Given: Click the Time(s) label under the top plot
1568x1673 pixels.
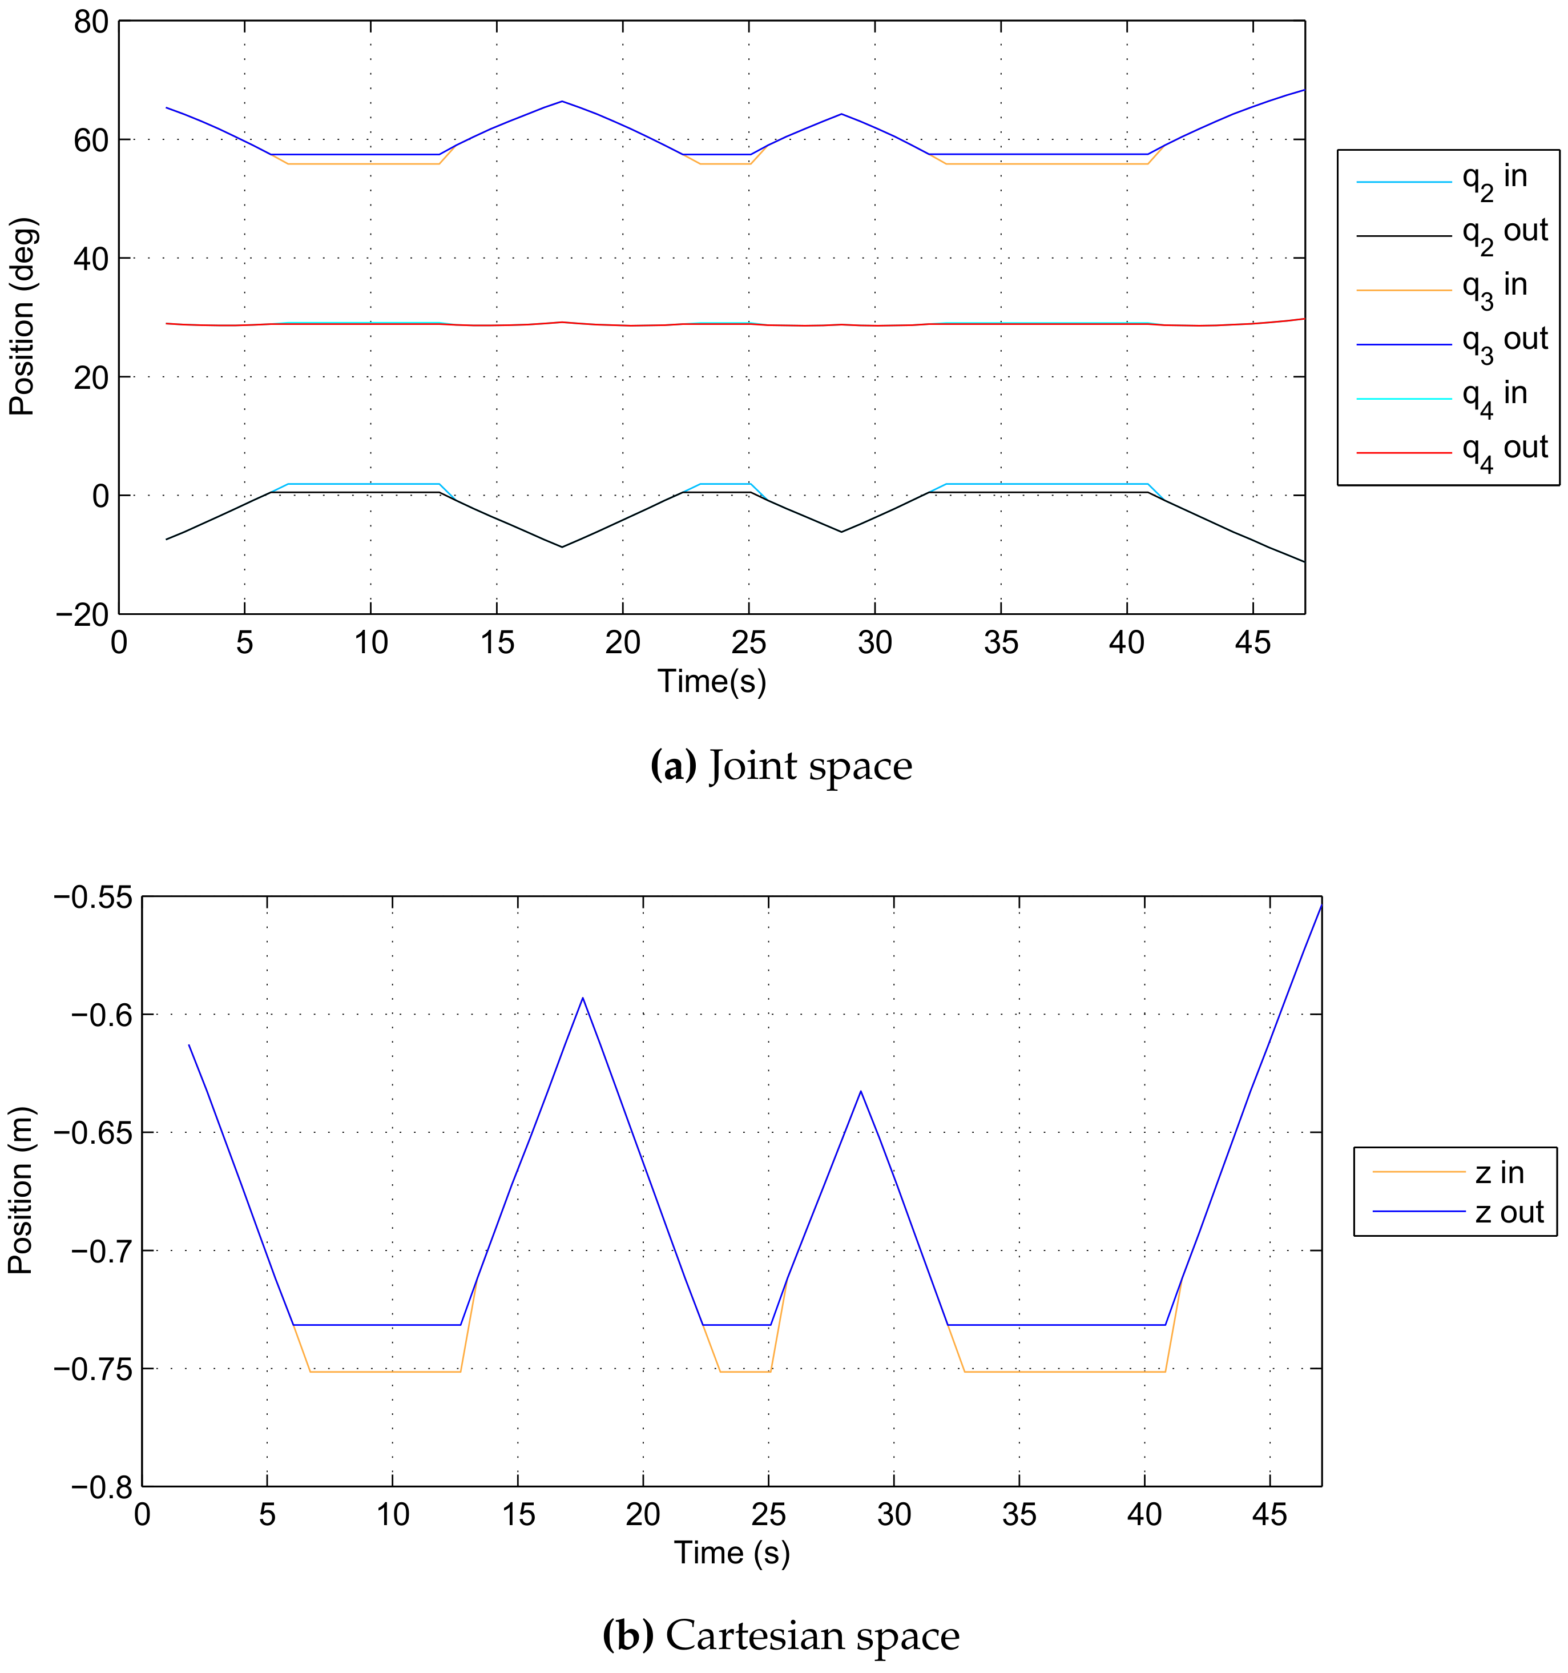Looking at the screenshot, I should (x=712, y=681).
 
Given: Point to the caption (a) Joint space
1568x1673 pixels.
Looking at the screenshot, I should (x=781, y=766).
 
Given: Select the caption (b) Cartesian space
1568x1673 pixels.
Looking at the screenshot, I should (x=781, y=1635).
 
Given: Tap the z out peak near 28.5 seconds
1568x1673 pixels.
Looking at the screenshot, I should (x=861, y=1092).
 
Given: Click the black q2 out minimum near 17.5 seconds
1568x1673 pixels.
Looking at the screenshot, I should (x=562, y=547).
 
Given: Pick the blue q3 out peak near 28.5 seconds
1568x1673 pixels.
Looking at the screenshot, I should (x=841, y=114).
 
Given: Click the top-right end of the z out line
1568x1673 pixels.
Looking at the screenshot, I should (x=1321, y=904).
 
